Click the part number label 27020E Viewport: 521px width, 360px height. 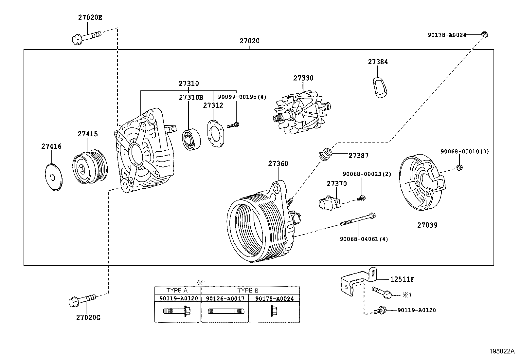click(x=90, y=17)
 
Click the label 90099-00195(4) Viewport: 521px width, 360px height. click(x=242, y=97)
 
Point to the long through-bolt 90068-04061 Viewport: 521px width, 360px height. click(x=357, y=219)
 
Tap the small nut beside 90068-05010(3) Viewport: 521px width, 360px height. click(x=459, y=168)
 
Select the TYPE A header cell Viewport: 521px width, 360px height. click(x=177, y=291)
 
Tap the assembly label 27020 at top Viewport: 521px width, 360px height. click(x=249, y=41)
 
